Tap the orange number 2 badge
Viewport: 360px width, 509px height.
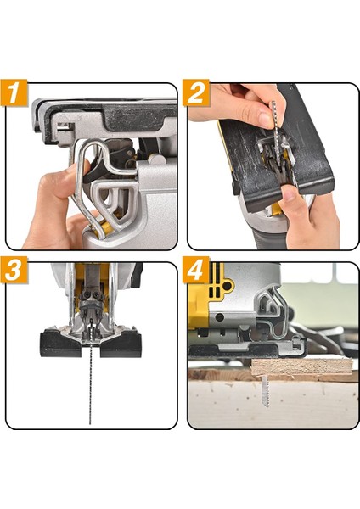[196, 92]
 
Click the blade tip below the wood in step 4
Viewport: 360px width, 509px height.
[266, 389]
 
